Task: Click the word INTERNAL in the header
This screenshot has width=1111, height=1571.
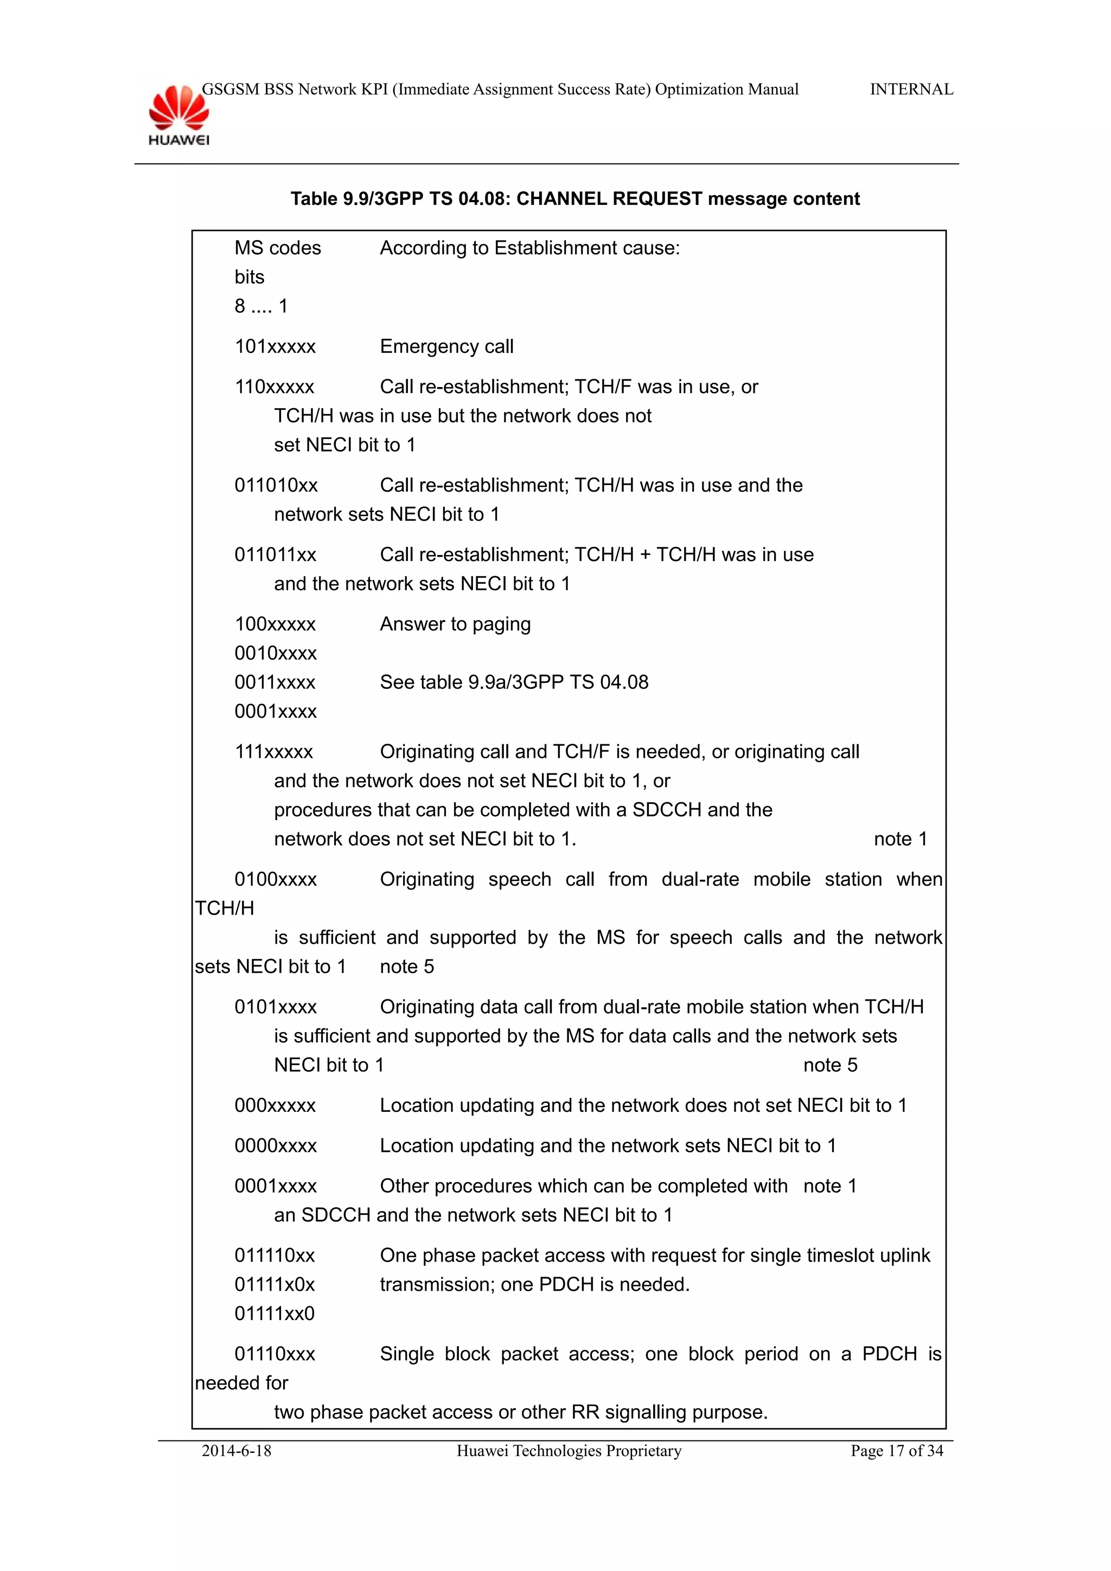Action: [911, 89]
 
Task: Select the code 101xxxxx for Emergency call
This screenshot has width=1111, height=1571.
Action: [275, 347]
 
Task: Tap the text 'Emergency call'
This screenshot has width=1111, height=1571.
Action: [446, 347]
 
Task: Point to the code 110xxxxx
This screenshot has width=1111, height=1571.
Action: [274, 387]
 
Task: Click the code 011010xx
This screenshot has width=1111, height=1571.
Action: [276, 486]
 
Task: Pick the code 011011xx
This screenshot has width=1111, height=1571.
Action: [275, 555]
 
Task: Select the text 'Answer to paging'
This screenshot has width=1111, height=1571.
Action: [455, 624]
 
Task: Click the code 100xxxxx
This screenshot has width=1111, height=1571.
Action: [275, 624]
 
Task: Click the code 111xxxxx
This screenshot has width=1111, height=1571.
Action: [274, 752]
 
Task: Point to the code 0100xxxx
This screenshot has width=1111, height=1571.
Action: [276, 880]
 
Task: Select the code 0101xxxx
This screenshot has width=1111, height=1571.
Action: [276, 1007]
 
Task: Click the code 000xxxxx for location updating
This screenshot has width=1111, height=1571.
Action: [275, 1106]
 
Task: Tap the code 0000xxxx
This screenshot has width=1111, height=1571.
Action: [276, 1146]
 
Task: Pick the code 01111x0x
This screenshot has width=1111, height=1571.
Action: [274, 1285]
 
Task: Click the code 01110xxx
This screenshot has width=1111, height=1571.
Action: [275, 1354]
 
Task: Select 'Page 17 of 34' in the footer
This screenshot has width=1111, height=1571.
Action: [897, 1451]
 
